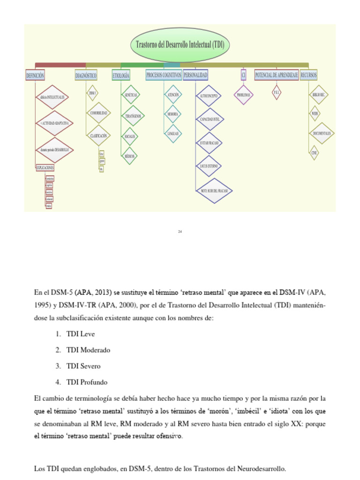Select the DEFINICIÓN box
(x=35, y=75)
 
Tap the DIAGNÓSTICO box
(x=86, y=75)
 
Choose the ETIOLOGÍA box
(x=121, y=75)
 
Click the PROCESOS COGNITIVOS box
(x=163, y=75)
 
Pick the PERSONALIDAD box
(x=195, y=75)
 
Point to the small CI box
(x=243, y=75)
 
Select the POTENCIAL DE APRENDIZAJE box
(x=276, y=75)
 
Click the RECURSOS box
(x=308, y=75)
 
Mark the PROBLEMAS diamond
(x=243, y=95)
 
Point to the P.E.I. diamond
(x=276, y=93)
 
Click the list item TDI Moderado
(x=88, y=350)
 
